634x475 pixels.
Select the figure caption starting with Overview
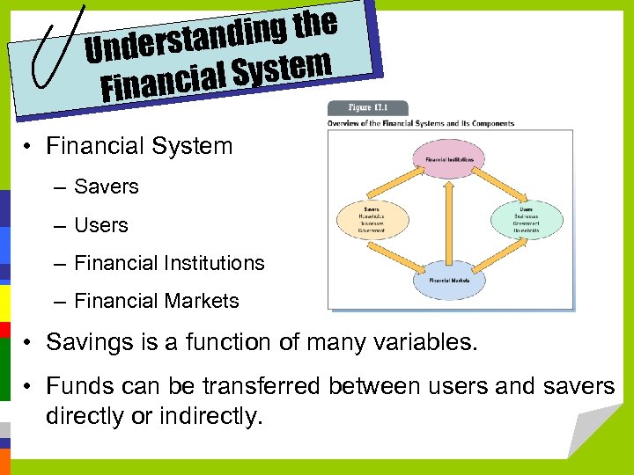click(x=420, y=123)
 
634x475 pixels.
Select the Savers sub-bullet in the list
click(x=106, y=186)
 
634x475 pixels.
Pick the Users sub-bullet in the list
click(x=100, y=225)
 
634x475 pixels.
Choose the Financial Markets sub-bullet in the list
click(x=156, y=301)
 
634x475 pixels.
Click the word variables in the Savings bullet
click(x=422, y=341)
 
